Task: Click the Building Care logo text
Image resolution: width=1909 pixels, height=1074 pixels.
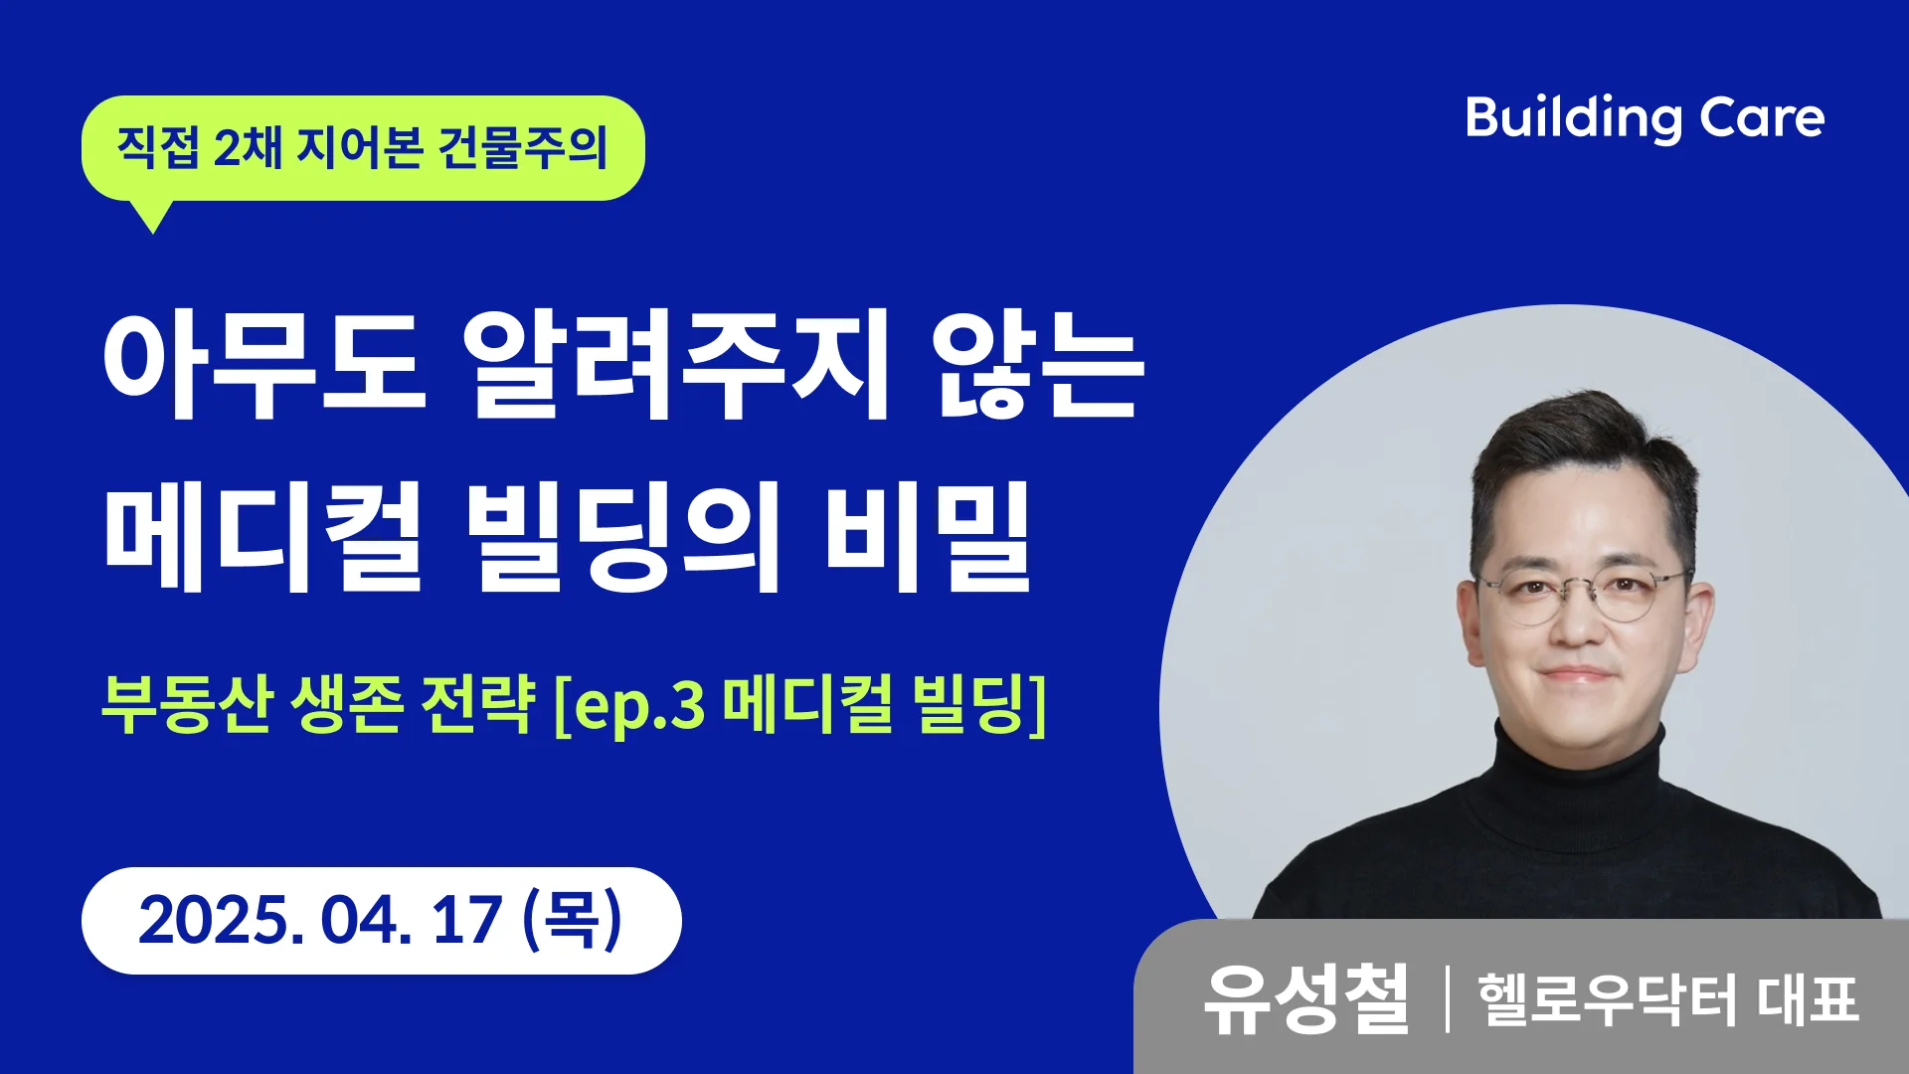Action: [x=1645, y=119]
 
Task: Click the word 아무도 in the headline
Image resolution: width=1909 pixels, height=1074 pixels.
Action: [x=264, y=365]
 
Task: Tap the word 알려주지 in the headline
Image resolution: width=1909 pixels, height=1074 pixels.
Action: [x=676, y=365]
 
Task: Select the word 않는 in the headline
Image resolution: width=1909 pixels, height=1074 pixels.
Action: [x=1038, y=365]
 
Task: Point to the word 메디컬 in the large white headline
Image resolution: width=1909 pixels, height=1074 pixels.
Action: [x=264, y=537]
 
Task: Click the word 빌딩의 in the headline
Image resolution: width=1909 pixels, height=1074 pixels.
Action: [x=623, y=537]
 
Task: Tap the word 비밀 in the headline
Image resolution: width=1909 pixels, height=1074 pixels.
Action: [x=927, y=537]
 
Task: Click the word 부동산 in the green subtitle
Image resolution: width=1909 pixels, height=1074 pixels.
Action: [x=187, y=704]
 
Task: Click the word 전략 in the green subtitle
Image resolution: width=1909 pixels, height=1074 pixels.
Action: [x=478, y=704]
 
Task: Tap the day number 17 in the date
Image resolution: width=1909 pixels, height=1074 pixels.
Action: [x=466, y=920]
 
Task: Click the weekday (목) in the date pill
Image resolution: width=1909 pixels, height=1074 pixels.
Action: [x=573, y=919]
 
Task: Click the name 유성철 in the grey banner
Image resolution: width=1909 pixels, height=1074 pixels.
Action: [x=1305, y=998]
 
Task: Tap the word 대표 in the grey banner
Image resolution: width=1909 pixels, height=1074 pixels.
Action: [x=1808, y=999]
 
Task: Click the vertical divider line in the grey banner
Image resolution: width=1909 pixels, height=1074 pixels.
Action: [x=1447, y=998]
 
